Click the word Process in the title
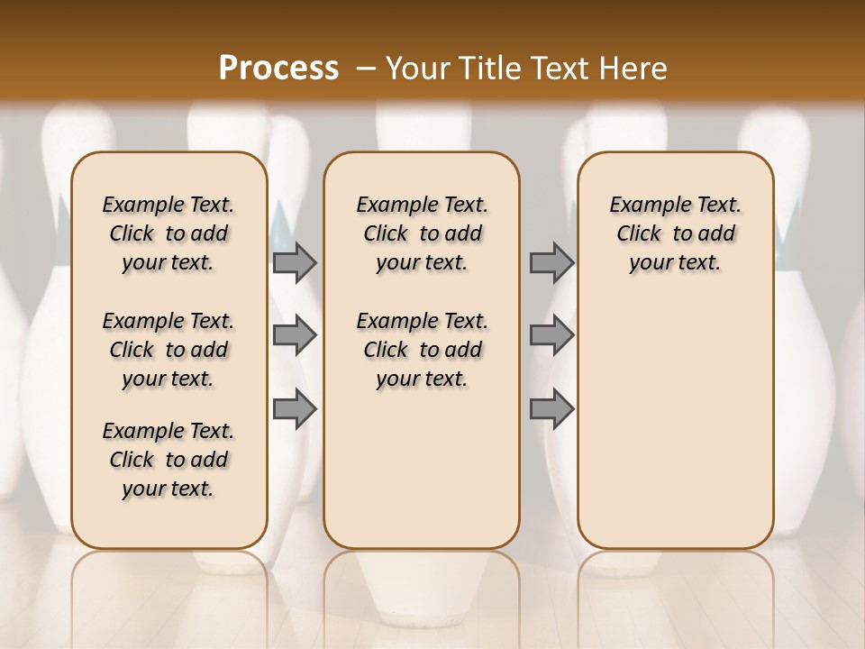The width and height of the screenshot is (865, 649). click(278, 69)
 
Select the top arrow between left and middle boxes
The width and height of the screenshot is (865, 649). click(294, 263)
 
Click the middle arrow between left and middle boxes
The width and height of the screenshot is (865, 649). click(294, 336)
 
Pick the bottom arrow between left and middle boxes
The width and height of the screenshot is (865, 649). click(294, 408)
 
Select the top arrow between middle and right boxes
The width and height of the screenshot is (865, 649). click(551, 263)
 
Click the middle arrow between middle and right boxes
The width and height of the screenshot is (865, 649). click(551, 336)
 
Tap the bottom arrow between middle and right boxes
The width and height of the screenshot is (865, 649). click(551, 408)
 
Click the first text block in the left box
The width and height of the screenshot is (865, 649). click(168, 234)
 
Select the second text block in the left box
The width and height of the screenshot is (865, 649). click(168, 350)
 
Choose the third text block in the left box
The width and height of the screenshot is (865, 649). click(168, 460)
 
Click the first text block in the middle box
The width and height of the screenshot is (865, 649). click(422, 234)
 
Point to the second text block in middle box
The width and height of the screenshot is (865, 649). click(422, 350)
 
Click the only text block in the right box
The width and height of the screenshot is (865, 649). click(676, 234)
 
